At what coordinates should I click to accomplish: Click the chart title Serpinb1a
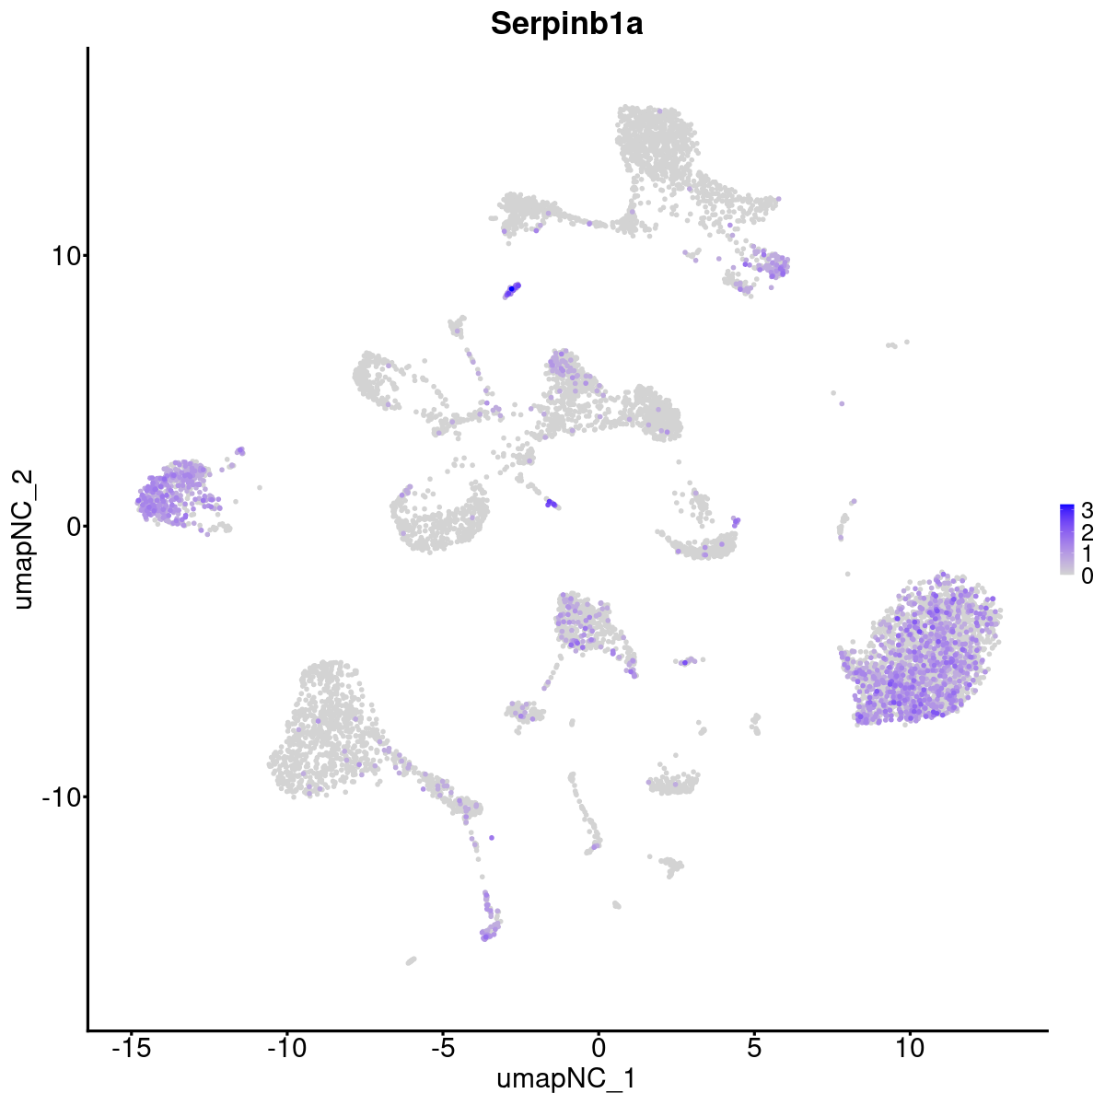(x=566, y=25)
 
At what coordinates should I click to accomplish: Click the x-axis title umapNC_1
(x=566, y=1078)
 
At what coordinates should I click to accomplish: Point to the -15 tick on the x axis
(x=132, y=1048)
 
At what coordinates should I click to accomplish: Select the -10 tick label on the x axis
(x=287, y=1048)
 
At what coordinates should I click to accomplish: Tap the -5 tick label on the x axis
(x=443, y=1048)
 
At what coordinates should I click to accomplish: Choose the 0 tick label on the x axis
(x=599, y=1048)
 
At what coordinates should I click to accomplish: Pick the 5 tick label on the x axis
(x=754, y=1048)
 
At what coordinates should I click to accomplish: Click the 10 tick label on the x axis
(x=910, y=1048)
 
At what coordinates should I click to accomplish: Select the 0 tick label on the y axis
(x=72, y=526)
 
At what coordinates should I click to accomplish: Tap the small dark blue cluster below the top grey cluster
(x=512, y=290)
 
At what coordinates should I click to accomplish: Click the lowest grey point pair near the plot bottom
(x=411, y=960)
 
